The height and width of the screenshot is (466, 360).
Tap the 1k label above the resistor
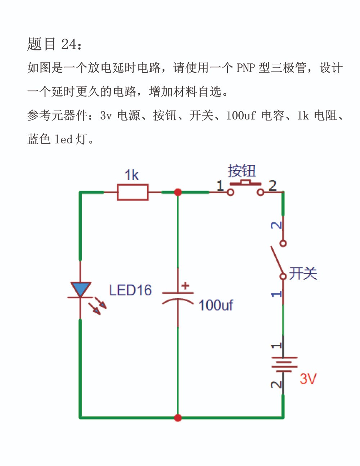132,175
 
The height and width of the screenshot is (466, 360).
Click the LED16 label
130,290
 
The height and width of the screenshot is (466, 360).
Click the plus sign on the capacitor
185,286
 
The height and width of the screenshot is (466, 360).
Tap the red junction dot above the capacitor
177,192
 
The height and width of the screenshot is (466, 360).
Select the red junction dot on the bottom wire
177,418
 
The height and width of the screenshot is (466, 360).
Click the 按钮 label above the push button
242,171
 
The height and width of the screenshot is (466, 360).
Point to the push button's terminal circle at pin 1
230,193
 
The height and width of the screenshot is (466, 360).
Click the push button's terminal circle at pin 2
260,193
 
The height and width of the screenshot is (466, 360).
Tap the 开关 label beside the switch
303,273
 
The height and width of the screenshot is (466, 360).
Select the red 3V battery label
308,379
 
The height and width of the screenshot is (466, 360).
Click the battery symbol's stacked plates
284,365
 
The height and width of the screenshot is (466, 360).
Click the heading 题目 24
55,44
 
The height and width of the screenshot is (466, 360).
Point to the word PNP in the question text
245,68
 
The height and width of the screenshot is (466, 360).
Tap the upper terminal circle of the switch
283,243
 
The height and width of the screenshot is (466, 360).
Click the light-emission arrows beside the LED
98,306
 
